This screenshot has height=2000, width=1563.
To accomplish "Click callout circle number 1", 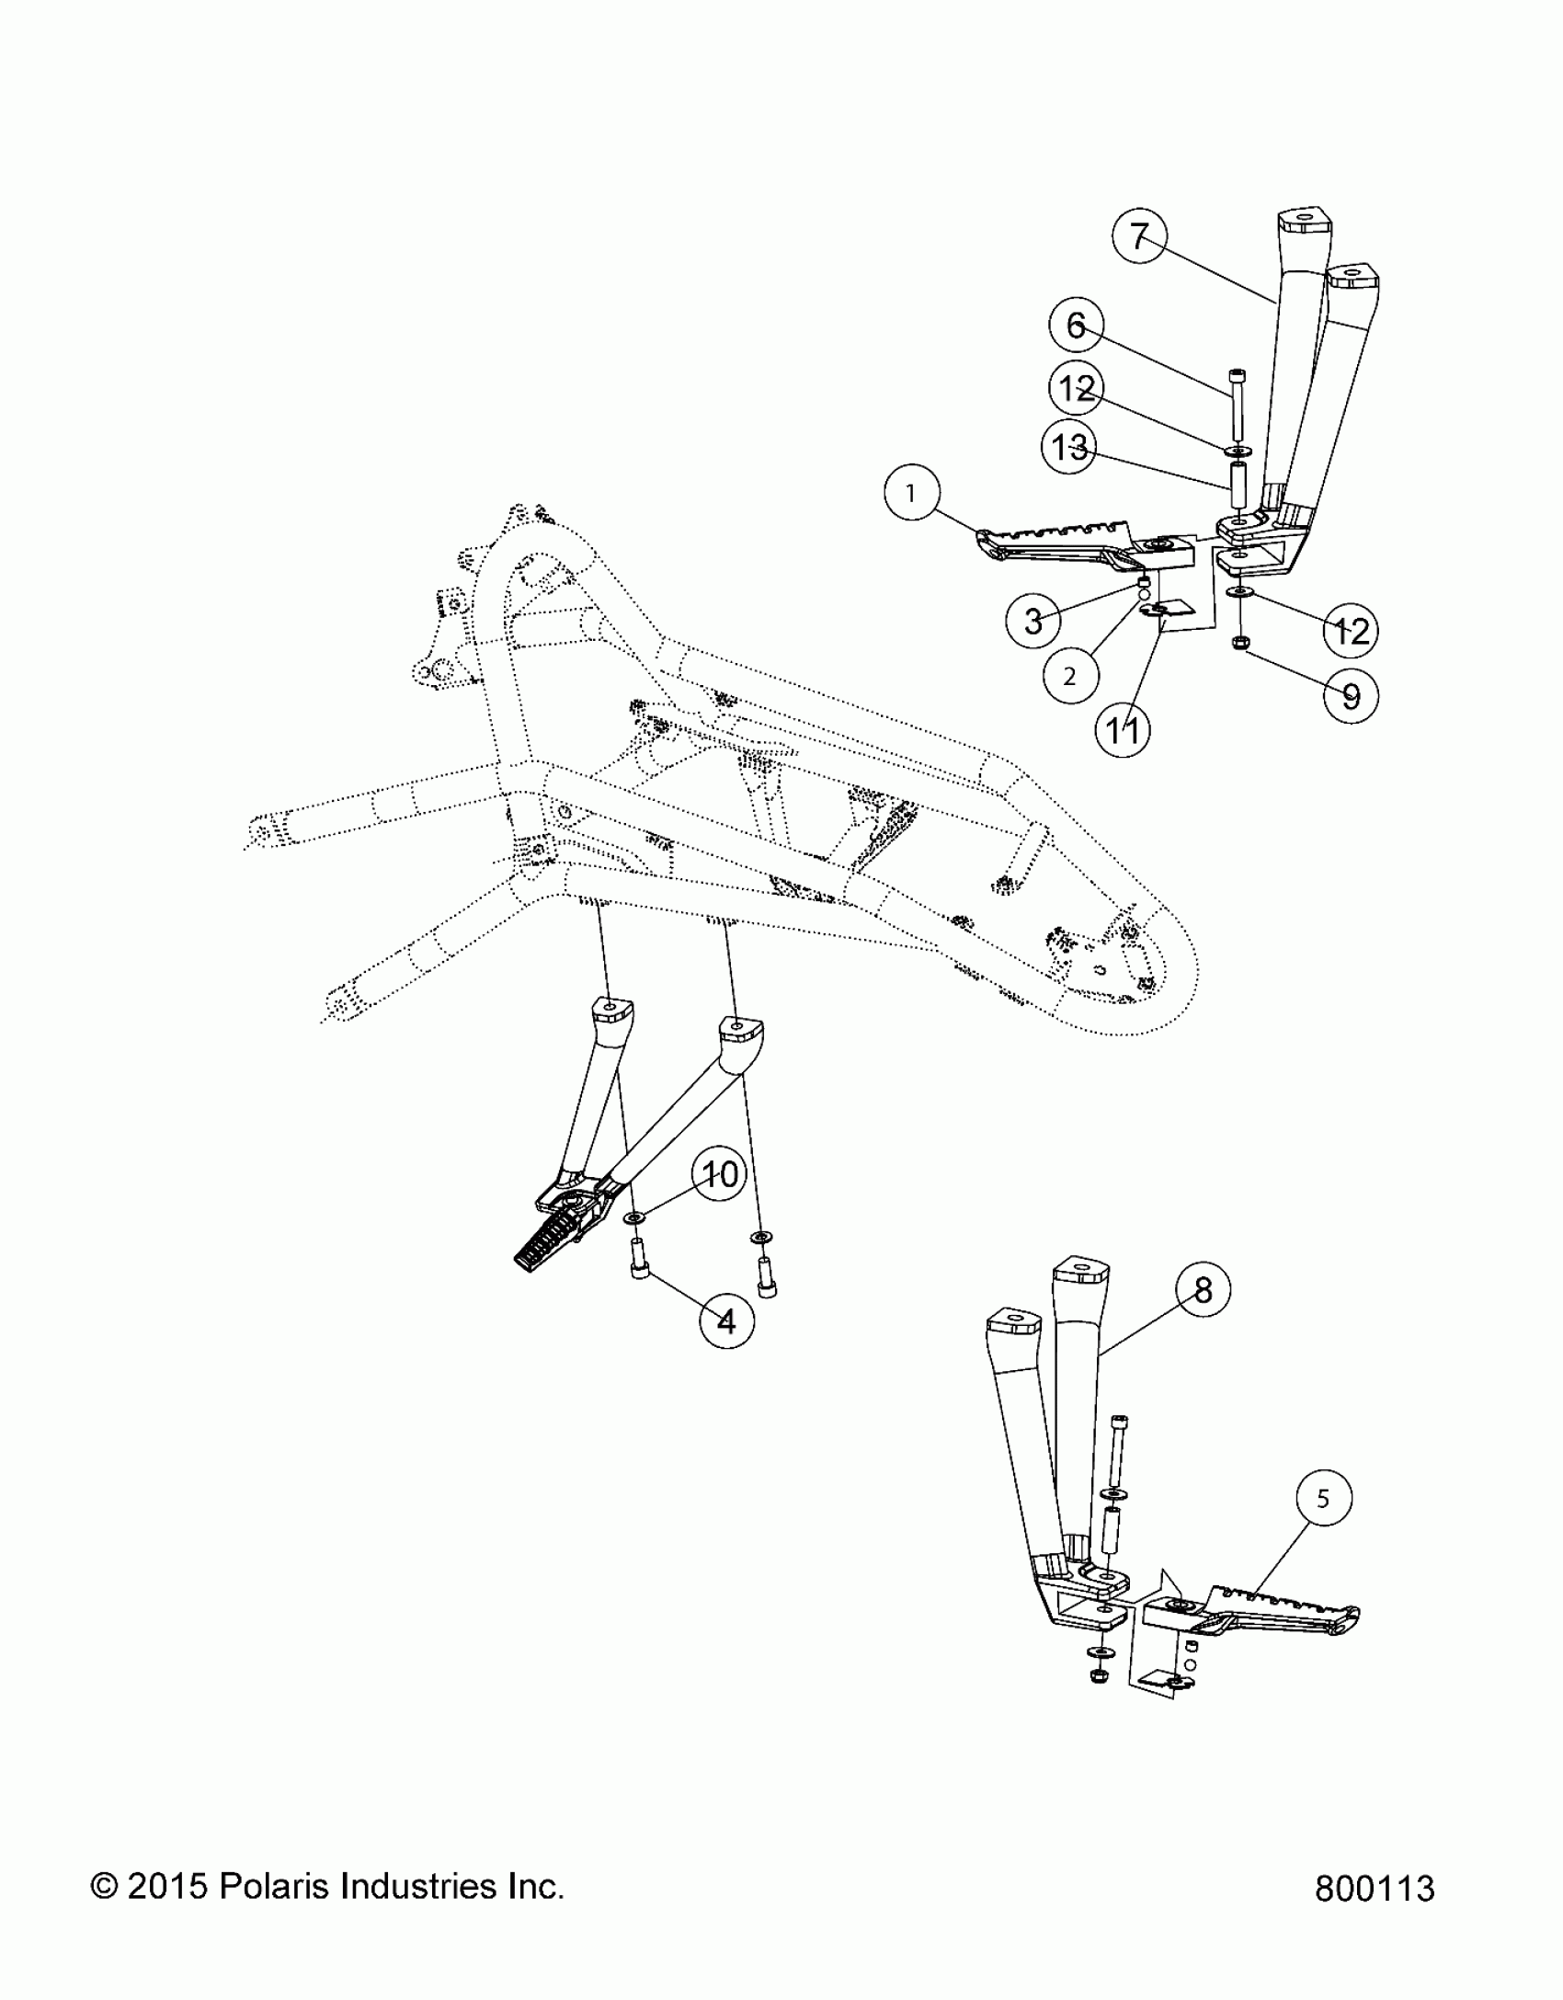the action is [x=911, y=494].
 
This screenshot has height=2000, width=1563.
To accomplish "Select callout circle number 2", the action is [x=1069, y=676].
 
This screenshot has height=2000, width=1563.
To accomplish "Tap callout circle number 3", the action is [x=1033, y=621].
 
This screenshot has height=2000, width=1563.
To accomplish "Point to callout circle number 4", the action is [x=726, y=1321].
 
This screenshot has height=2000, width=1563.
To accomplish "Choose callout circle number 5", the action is [x=1322, y=1499].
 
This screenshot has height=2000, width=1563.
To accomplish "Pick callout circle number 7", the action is [x=1139, y=237].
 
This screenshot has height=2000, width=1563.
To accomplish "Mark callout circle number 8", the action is [x=1204, y=1290].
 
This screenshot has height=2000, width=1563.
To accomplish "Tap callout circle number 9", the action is [x=1351, y=695].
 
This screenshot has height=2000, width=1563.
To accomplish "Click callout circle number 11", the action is [x=1123, y=730].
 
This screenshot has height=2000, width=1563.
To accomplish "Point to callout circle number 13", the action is [x=1068, y=448].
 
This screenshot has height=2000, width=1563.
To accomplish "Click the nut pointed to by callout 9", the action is [x=1238, y=642].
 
